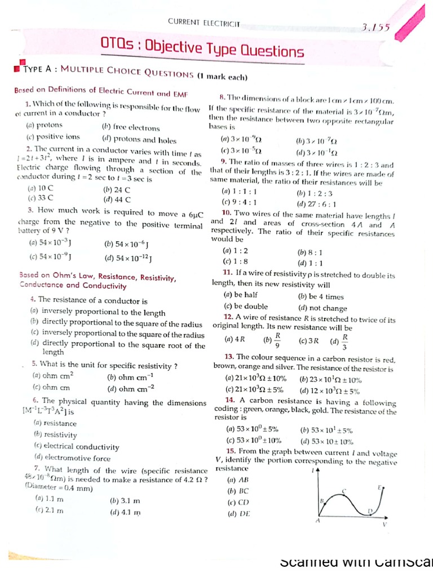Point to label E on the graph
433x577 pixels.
(381, 486)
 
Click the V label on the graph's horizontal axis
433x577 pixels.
(385, 524)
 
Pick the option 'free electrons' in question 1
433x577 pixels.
(131, 128)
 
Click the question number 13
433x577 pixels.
(229, 357)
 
